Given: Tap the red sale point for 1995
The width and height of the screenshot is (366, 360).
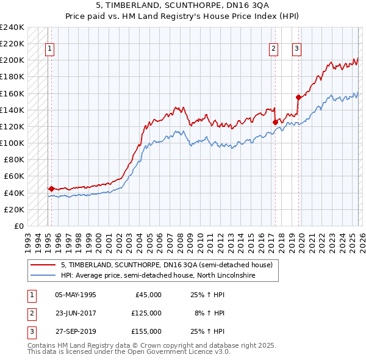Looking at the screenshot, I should coord(51,189).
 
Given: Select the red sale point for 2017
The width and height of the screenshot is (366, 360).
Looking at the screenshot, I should coord(275,122).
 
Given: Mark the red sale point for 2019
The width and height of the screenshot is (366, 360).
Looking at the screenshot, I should coord(298,97).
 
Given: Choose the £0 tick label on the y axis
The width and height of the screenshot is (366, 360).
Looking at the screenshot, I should coord(20,226).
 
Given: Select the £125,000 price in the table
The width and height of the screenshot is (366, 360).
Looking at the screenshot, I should coord(146,312).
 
